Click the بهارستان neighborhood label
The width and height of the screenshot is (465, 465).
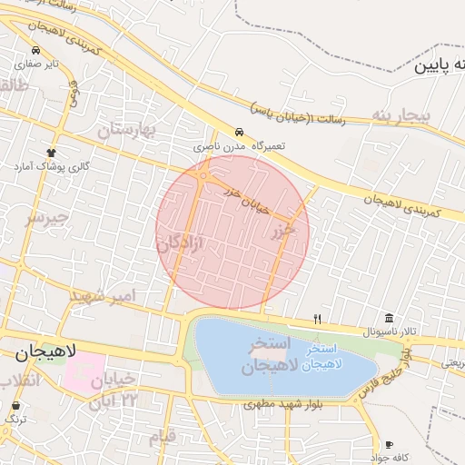[x=127, y=131]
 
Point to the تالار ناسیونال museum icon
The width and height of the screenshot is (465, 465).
[x=389, y=318]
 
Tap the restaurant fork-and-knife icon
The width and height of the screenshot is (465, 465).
[x=317, y=319]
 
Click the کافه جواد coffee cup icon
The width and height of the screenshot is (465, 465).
[x=391, y=445]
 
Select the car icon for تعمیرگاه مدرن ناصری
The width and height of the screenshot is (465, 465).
[x=239, y=133]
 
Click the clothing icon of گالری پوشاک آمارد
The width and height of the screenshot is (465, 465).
[x=50, y=153]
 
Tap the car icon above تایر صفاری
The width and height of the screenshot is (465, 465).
[x=35, y=51]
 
